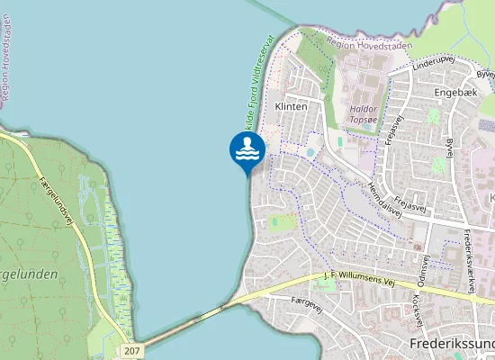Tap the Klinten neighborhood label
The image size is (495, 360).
[x=291, y=105]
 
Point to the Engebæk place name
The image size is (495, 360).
[x=454, y=93]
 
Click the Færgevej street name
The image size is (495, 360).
[x=307, y=305]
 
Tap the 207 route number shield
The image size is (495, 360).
[x=133, y=349]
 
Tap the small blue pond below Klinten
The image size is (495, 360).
[x=310, y=153]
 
